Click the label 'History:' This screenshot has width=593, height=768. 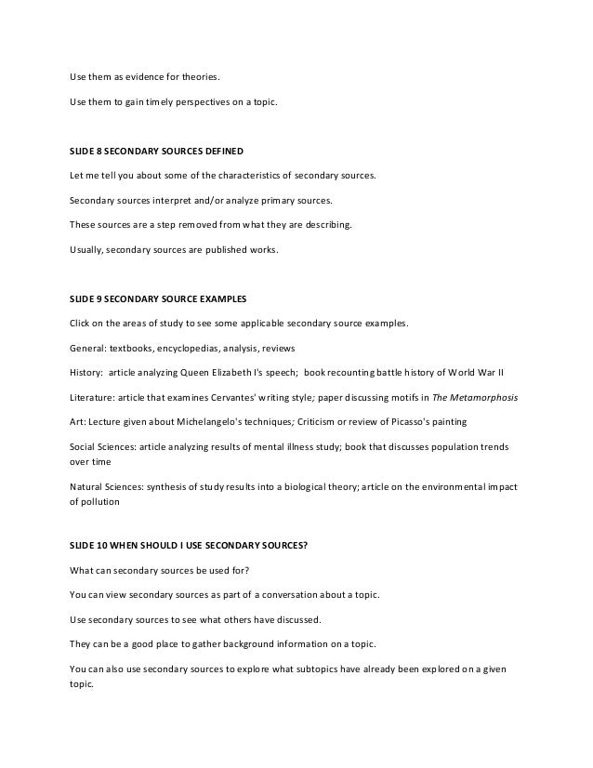[x=86, y=372]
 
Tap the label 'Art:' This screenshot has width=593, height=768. [x=78, y=420]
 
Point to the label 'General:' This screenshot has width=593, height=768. [x=87, y=348]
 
